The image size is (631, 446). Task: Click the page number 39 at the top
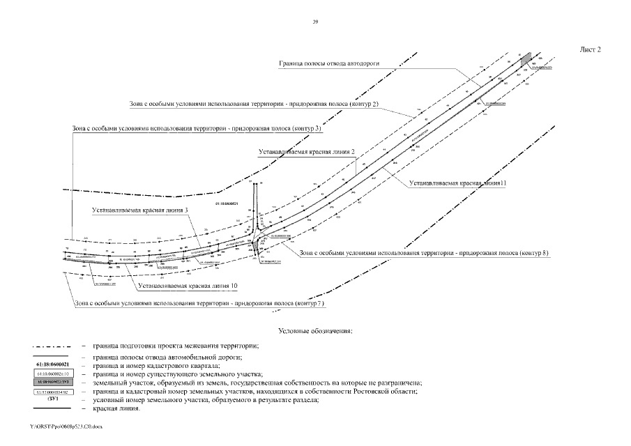tap(315, 22)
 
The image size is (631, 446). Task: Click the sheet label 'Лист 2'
tap(590, 49)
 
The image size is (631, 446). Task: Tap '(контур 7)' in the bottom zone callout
tap(309, 305)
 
